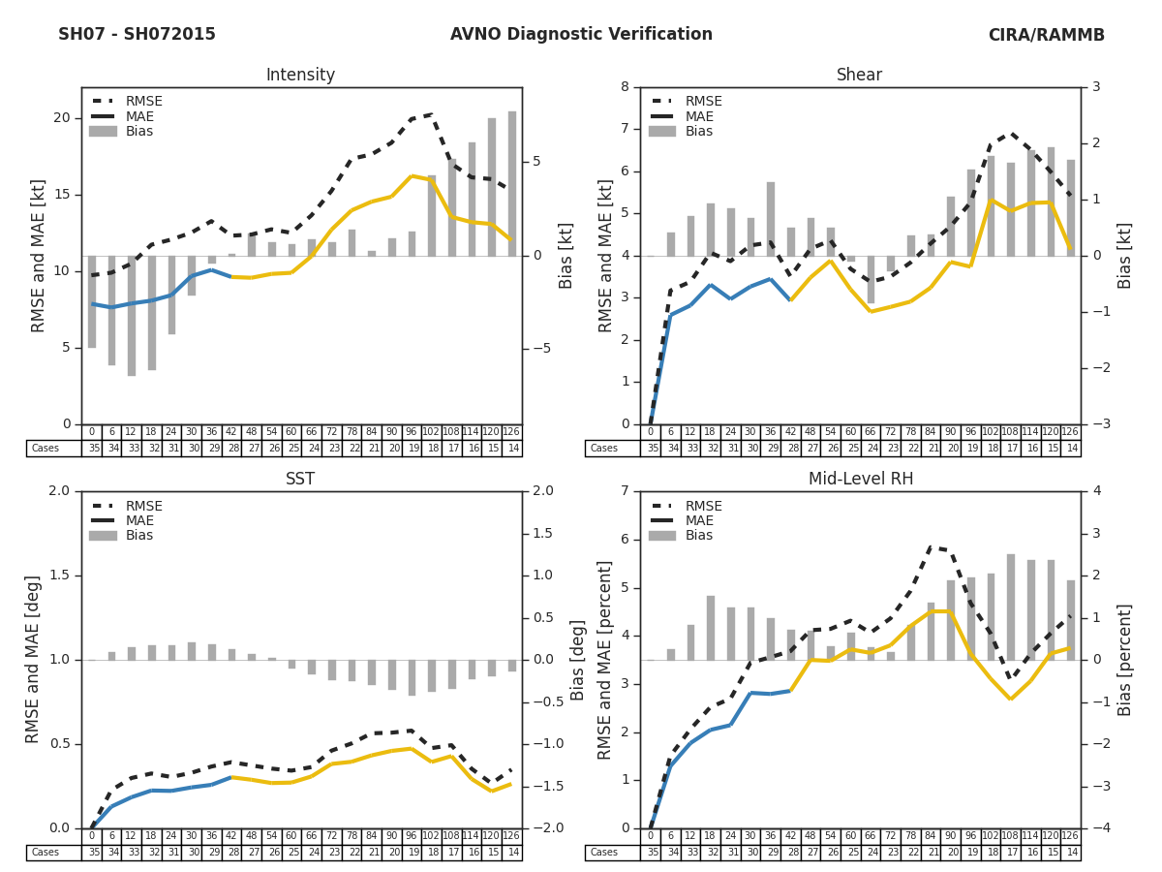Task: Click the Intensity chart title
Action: tap(300, 76)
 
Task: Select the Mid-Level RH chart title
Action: tap(860, 480)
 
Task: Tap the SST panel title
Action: tap(300, 480)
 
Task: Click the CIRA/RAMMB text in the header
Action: tap(1046, 36)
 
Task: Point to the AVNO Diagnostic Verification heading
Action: tap(581, 35)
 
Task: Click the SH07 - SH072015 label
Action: tap(137, 35)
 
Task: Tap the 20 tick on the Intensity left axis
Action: tap(62, 118)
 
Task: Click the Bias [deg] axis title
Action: tap(577, 660)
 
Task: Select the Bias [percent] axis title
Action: tap(1125, 660)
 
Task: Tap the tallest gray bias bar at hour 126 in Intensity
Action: tap(512, 184)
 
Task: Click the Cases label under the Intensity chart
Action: tap(46, 449)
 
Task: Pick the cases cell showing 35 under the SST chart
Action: tap(92, 853)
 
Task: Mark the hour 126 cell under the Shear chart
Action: tap(1070, 432)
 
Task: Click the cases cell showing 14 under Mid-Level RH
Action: tap(1070, 853)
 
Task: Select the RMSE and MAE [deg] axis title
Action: tap(34, 660)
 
